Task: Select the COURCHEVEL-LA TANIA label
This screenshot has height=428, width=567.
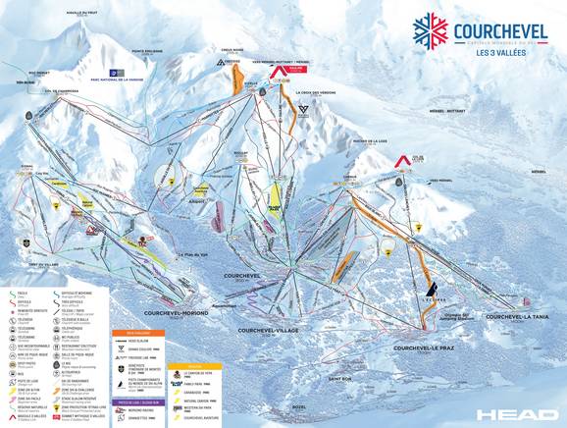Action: (x=516, y=317)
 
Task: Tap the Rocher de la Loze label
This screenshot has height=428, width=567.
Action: (x=385, y=144)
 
